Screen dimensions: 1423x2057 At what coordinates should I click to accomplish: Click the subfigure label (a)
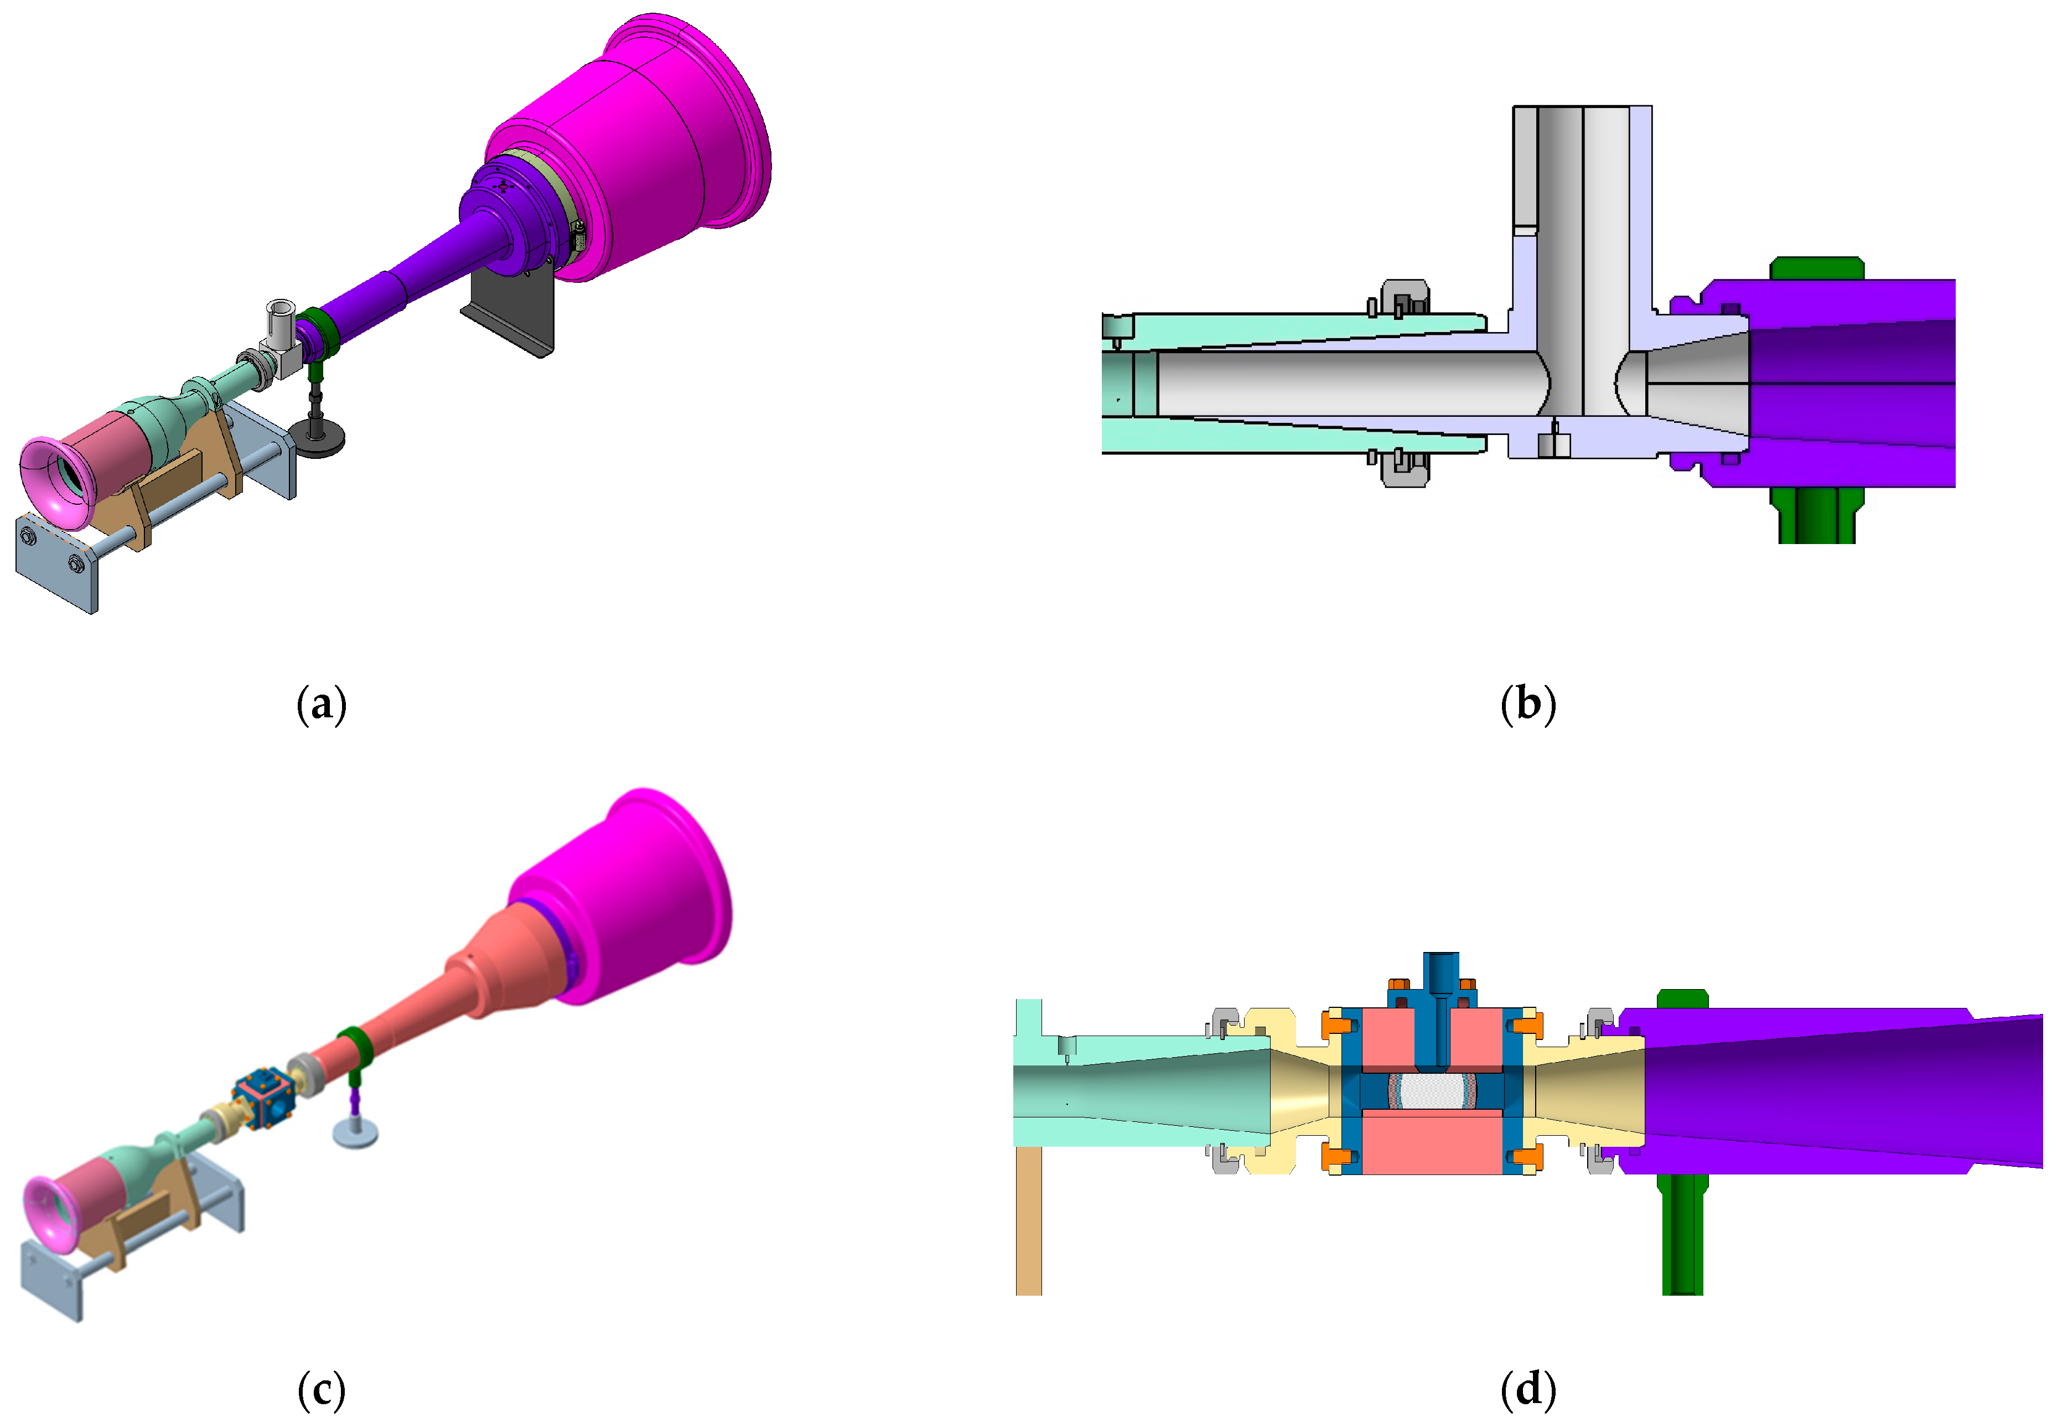click(x=321, y=705)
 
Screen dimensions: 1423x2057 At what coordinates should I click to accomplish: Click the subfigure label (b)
click(x=1527, y=705)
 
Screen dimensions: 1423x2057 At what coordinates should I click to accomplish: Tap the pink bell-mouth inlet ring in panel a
click(x=45, y=482)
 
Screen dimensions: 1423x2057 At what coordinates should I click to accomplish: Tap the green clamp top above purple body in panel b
click(x=1816, y=267)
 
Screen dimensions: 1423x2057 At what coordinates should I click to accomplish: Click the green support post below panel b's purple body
click(x=1816, y=517)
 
